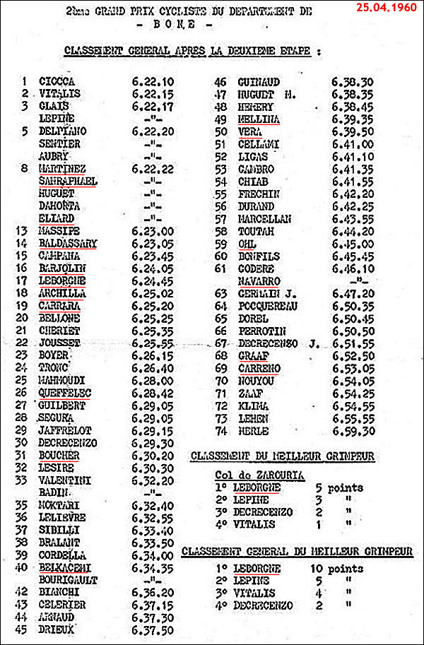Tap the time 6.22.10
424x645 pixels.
[153, 81]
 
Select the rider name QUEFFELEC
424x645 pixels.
[65, 393]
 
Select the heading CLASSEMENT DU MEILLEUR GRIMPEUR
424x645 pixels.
[282, 457]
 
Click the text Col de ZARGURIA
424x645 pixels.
[261, 475]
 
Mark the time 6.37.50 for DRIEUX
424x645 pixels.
[153, 629]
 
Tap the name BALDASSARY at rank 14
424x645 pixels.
[68, 244]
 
